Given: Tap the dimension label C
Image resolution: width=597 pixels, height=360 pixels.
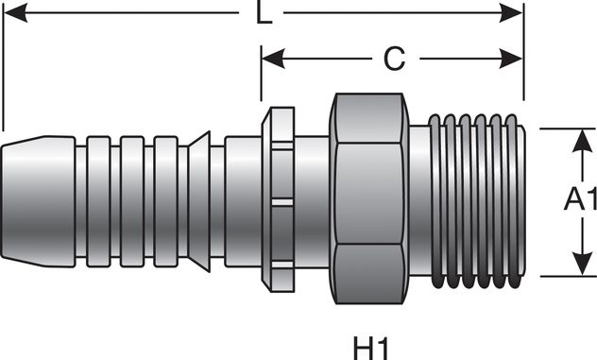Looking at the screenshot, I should pyautogui.click(x=394, y=59).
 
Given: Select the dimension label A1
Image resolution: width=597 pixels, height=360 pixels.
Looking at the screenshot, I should pyautogui.click(x=578, y=200).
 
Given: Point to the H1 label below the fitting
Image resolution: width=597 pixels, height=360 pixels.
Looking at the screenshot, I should pyautogui.click(x=370, y=347).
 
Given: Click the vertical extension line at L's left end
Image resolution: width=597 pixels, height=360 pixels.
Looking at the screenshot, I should pyautogui.click(x=4, y=66).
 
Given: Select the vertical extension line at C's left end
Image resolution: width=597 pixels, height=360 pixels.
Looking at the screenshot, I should pyautogui.click(x=262, y=76).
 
